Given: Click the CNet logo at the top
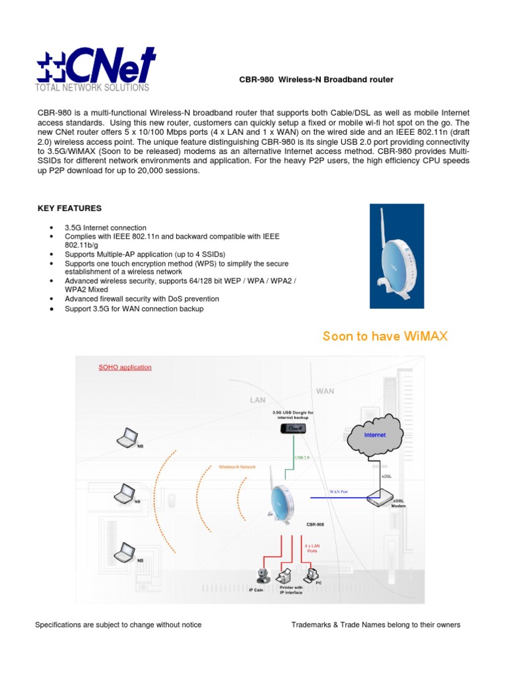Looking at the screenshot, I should (x=96, y=65).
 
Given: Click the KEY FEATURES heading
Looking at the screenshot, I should (x=69, y=208).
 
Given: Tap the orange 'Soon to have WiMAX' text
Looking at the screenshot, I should (x=385, y=337).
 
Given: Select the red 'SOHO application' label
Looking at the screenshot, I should (x=125, y=368).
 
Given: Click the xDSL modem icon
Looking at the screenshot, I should (x=379, y=497).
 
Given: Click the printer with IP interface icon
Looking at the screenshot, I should (x=287, y=575).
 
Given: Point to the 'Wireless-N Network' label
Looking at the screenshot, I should (x=237, y=467).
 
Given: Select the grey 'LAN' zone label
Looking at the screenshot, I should (x=257, y=400).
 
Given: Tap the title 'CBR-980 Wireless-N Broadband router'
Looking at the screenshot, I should (x=316, y=80).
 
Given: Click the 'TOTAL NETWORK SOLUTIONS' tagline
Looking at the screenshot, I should (x=92, y=88).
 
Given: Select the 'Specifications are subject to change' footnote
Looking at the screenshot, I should (x=118, y=625).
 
